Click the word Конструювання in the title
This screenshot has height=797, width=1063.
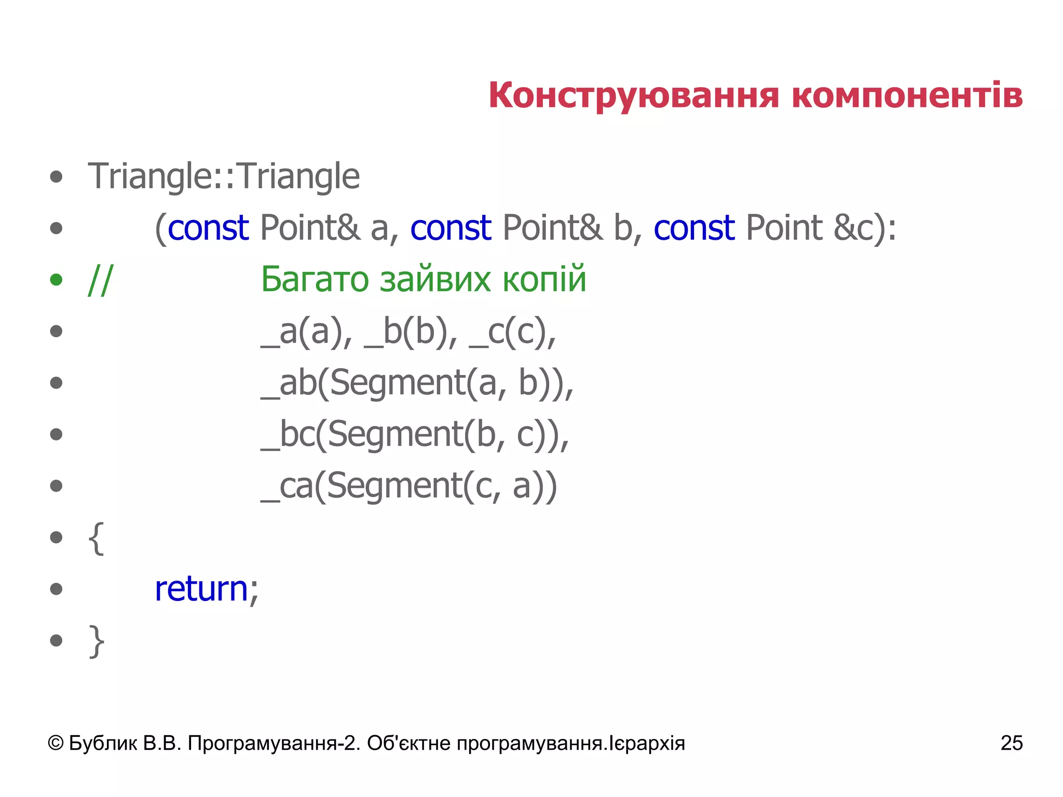(x=633, y=96)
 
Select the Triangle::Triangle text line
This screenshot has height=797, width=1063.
(x=224, y=176)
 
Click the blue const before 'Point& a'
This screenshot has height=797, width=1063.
(x=208, y=228)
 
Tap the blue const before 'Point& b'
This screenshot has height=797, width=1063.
(x=451, y=228)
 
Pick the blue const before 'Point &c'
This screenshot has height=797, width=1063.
(x=694, y=228)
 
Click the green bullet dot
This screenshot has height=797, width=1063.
(x=56, y=280)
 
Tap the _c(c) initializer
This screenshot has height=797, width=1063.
(x=511, y=332)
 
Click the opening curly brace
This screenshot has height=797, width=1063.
(x=97, y=539)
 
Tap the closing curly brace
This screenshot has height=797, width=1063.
(x=97, y=641)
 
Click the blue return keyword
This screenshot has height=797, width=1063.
(x=201, y=589)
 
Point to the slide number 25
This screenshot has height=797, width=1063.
(x=1011, y=743)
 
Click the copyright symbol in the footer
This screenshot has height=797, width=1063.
(x=56, y=744)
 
